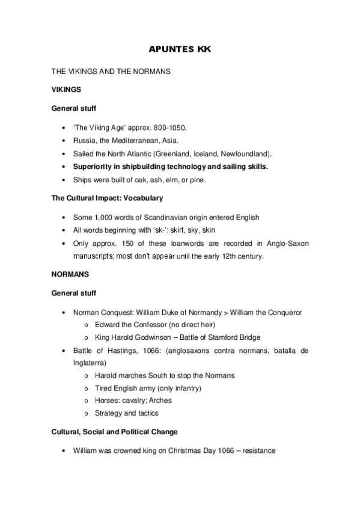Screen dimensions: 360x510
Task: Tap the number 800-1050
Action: (171, 127)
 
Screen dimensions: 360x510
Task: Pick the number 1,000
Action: (106, 217)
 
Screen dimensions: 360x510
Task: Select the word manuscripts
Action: (93, 256)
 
